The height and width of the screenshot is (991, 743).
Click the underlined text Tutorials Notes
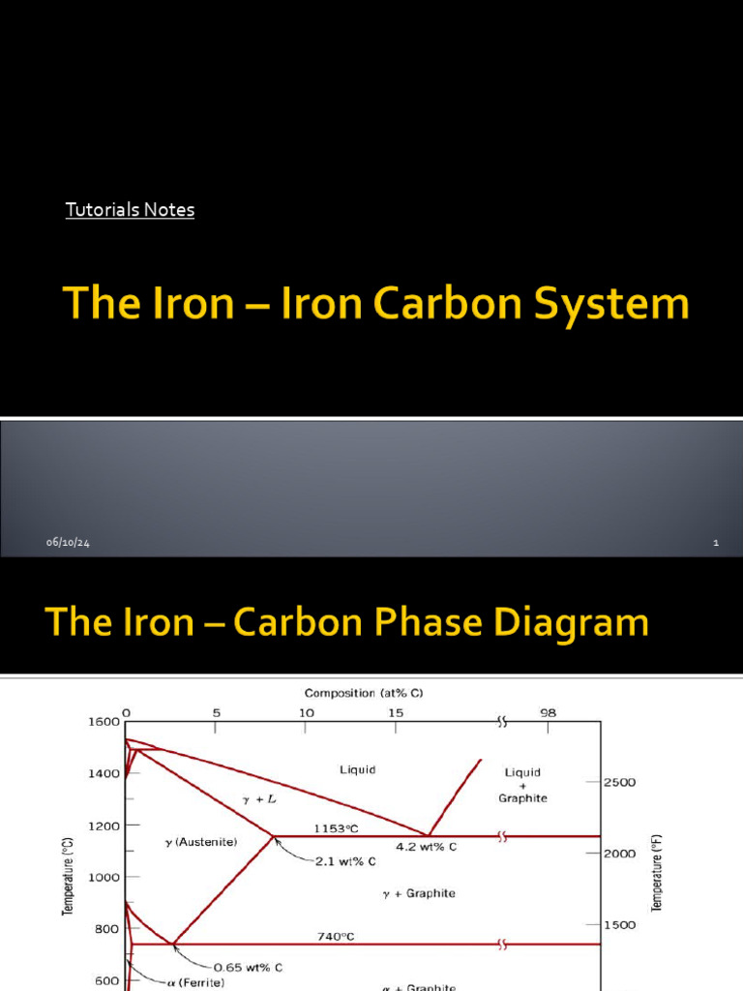[130, 209]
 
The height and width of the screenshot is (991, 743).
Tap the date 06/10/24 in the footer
[68, 543]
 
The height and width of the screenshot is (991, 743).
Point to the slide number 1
[716, 543]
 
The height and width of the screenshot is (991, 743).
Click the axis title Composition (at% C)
[364, 693]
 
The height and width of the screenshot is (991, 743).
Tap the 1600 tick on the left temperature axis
[104, 721]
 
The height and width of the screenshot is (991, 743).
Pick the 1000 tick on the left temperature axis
[104, 877]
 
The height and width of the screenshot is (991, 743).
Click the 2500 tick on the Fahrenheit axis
[620, 782]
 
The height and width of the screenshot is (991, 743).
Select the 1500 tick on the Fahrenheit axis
[620, 925]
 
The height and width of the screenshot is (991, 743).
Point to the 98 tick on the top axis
[549, 712]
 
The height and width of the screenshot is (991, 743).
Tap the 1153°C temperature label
[336, 828]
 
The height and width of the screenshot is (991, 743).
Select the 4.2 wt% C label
[426, 847]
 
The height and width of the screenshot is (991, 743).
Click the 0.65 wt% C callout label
[249, 966]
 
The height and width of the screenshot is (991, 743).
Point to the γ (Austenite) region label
[201, 843]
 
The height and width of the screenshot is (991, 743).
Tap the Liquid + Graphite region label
[522, 785]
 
